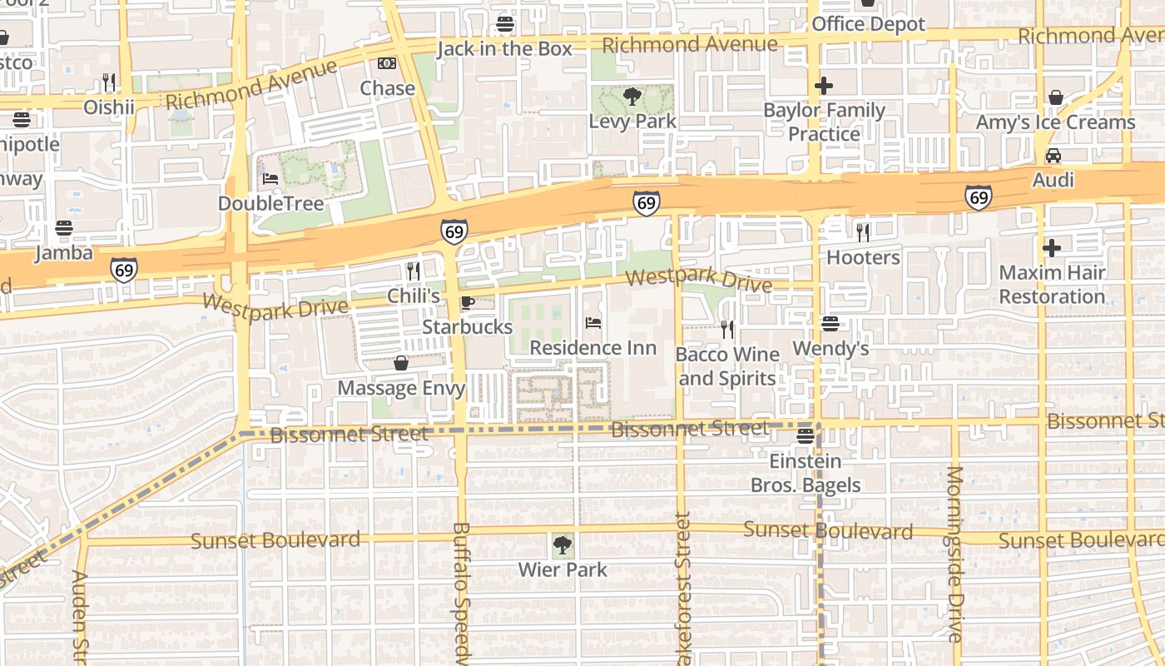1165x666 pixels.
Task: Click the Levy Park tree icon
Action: click(x=632, y=97)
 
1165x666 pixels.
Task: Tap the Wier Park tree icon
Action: click(x=563, y=546)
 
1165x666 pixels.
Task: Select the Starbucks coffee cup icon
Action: click(x=467, y=302)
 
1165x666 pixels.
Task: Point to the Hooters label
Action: click(x=863, y=257)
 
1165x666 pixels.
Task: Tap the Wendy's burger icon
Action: click(x=830, y=323)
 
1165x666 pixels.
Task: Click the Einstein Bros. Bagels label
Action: click(x=805, y=473)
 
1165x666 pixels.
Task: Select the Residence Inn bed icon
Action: click(x=592, y=323)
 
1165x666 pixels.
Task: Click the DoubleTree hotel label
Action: click(x=270, y=203)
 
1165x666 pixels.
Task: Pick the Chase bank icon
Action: click(x=387, y=63)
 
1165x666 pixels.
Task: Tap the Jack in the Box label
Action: click(x=504, y=48)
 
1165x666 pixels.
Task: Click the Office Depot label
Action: click(x=868, y=24)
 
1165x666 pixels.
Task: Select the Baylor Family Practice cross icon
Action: click(x=824, y=85)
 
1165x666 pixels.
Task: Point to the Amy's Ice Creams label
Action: click(x=1055, y=122)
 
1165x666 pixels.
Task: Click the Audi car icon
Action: click(x=1053, y=156)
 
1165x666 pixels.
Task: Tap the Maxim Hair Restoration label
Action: click(x=1052, y=284)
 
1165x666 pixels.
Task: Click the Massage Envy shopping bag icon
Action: click(x=401, y=363)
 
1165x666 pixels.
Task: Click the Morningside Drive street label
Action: click(x=954, y=554)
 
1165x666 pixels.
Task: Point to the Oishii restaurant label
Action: click(x=108, y=107)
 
